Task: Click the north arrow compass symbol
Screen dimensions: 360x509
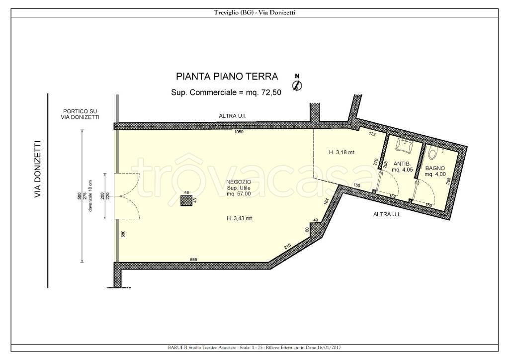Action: (297, 84)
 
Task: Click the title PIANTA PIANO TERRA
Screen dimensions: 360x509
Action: (227, 77)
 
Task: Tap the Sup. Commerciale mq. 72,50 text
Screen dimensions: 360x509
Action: (226, 92)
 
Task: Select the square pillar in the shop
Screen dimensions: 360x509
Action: (186, 200)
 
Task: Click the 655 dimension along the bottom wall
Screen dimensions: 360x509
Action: (194, 260)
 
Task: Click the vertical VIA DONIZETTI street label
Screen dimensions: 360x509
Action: (37, 170)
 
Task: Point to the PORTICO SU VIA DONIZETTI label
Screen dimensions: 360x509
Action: (78, 114)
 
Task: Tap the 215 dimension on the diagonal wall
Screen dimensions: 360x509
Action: (287, 245)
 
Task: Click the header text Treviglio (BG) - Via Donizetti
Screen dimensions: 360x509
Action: (254, 13)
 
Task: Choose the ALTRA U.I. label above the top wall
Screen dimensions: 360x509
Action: (232, 116)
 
